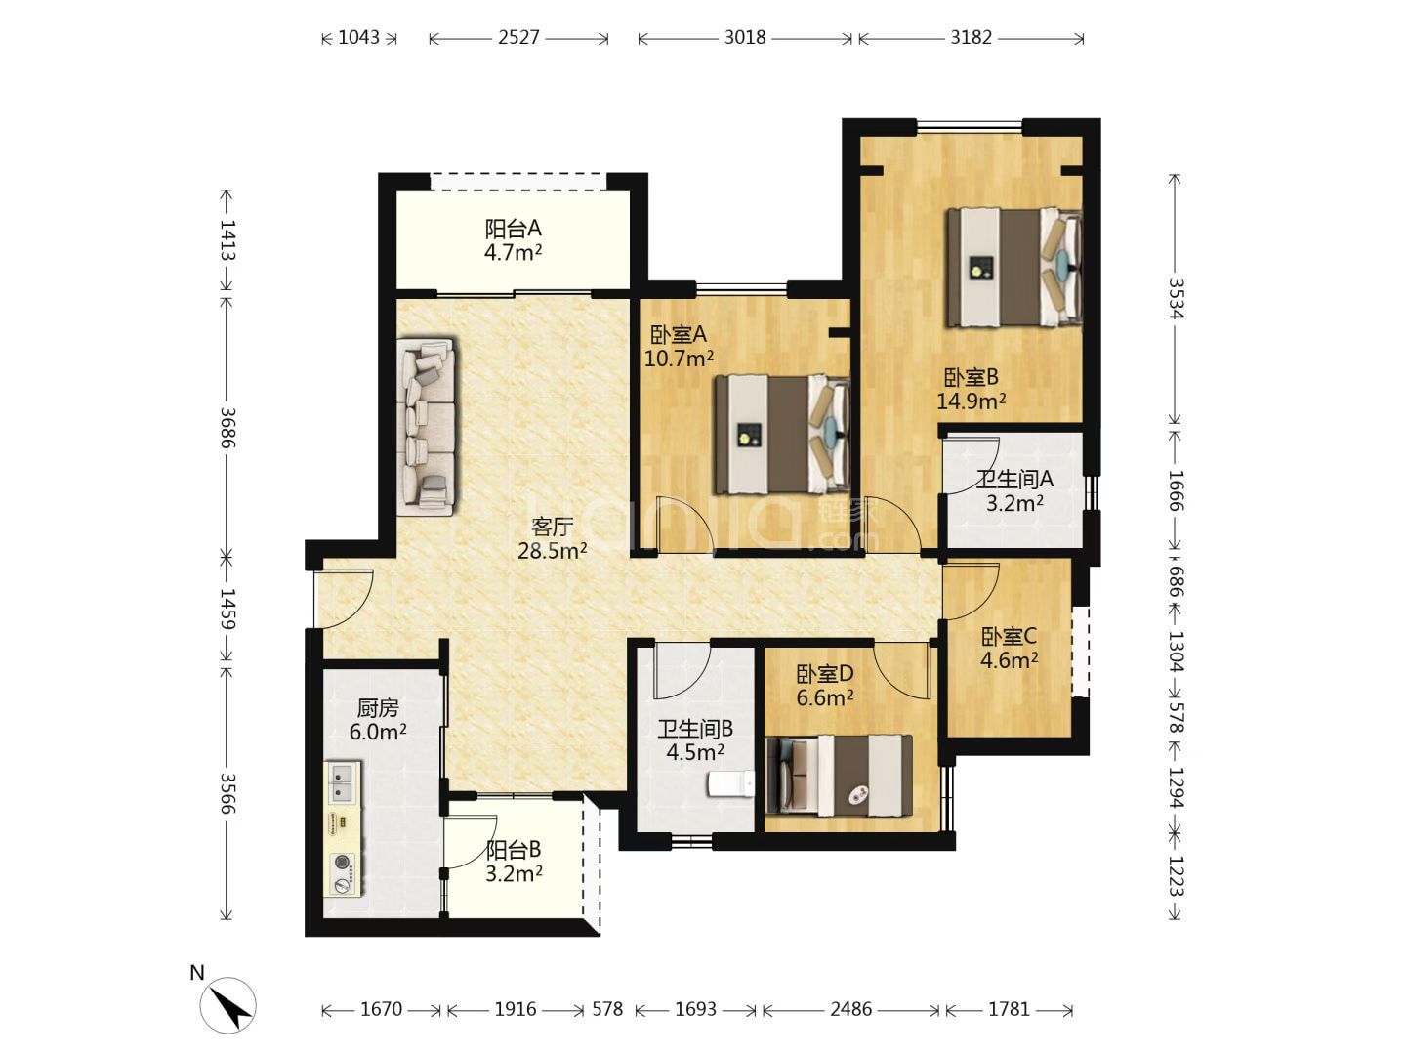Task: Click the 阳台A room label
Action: pos(513,228)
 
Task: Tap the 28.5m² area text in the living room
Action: pos(553,550)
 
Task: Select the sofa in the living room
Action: pos(426,426)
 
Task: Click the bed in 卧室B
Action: pos(1014,267)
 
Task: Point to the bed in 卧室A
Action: pos(783,435)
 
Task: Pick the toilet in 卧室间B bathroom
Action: pos(731,784)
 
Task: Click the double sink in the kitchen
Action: pos(344,782)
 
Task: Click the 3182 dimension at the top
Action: pos(972,38)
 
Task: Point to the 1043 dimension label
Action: pos(358,38)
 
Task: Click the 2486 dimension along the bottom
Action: pos(851,1009)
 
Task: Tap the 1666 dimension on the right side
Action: pos(1177,490)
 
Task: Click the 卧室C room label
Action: pos(1009,637)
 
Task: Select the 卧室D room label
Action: pos(824,674)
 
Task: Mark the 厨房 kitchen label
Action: pos(378,708)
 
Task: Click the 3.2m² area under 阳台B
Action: pos(514,873)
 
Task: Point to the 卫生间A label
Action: pos(1014,479)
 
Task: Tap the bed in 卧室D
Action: pos(839,775)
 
